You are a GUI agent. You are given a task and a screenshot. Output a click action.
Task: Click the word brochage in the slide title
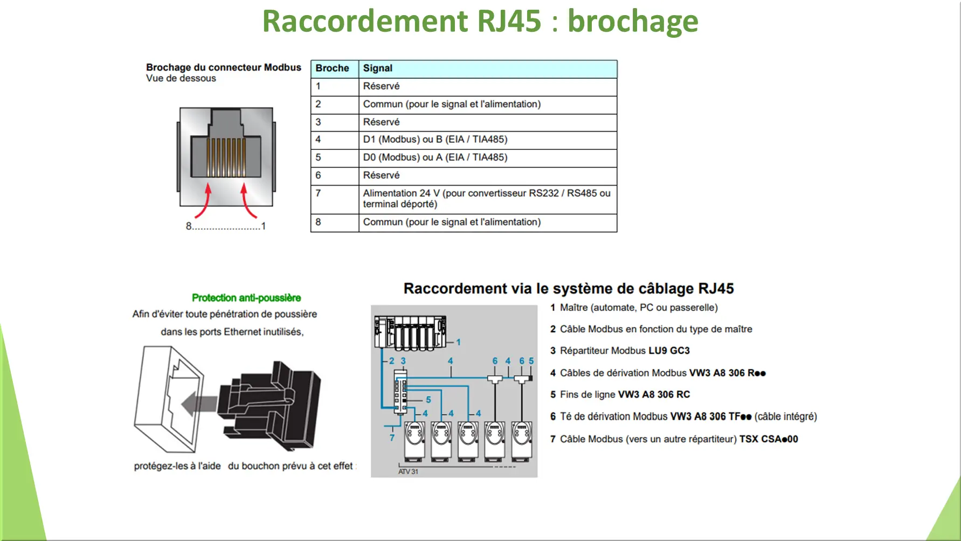[x=633, y=22]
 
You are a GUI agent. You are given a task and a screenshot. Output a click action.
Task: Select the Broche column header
[x=332, y=69]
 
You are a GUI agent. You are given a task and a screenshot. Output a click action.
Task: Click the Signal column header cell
[x=377, y=69]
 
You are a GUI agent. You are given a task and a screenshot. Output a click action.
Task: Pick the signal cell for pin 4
[x=435, y=140]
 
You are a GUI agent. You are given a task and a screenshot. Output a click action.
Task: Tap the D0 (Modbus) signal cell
[x=435, y=157]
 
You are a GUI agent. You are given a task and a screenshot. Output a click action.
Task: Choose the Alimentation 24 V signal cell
[x=486, y=198]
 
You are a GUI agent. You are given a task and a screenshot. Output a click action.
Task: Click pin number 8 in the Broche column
[x=319, y=222]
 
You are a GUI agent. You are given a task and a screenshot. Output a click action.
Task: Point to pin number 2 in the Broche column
[x=319, y=104]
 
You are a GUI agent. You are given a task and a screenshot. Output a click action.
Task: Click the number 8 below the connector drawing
[x=189, y=226]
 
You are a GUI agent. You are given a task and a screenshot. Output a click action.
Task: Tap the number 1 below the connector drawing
[x=264, y=226]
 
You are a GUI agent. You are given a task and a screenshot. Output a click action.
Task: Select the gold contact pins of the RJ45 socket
[x=226, y=157]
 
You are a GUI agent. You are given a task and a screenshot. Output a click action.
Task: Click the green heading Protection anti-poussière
[x=246, y=298]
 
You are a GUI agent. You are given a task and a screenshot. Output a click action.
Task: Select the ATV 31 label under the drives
[x=408, y=471]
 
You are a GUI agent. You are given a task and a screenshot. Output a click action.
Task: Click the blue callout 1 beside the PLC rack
[x=458, y=342]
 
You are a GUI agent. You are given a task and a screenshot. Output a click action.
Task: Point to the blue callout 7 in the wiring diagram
[x=392, y=437]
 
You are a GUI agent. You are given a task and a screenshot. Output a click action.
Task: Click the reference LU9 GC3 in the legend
[x=669, y=351]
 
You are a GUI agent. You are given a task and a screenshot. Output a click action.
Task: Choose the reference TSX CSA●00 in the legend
[x=768, y=439]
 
